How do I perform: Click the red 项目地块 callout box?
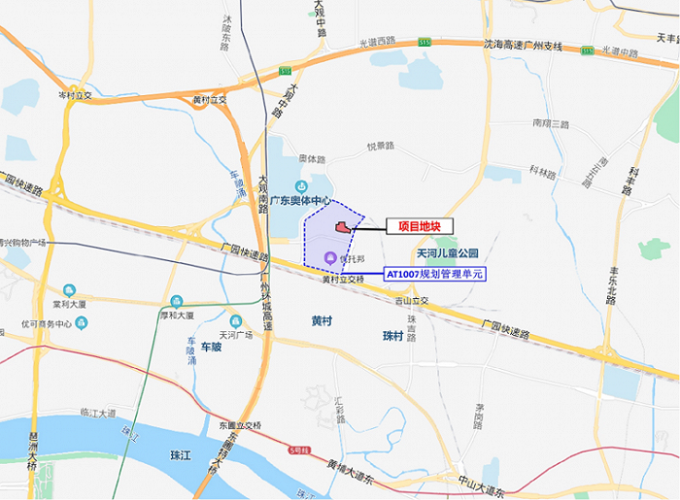(420, 226)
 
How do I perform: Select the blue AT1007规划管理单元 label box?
(434, 275)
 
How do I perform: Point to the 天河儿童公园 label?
(448, 253)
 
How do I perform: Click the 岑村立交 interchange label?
(75, 95)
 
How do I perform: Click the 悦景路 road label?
(380, 147)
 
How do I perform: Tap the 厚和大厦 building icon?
(176, 301)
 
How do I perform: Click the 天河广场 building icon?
(235, 321)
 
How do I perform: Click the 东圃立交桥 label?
(239, 424)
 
